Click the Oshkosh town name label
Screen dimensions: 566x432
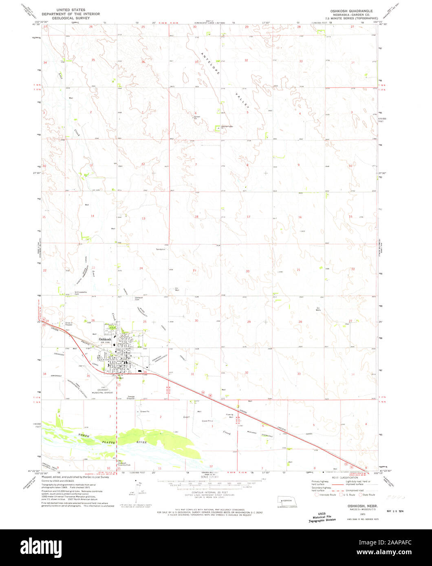click(x=105, y=339)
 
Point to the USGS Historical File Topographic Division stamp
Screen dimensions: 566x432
click(x=322, y=517)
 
